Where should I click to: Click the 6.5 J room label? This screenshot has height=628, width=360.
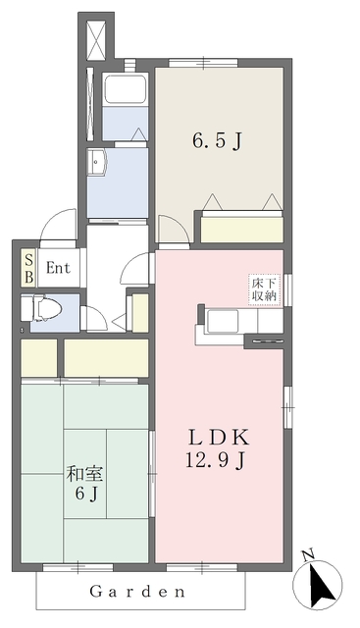(x=217, y=141)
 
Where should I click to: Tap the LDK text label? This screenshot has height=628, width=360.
(x=219, y=438)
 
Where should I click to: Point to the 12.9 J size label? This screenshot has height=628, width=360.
(x=215, y=460)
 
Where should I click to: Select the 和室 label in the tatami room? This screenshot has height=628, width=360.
(x=85, y=474)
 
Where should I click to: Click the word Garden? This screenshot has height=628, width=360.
(x=137, y=592)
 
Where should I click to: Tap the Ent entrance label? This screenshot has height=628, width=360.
(x=58, y=268)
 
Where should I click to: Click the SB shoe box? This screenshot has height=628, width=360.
(x=29, y=268)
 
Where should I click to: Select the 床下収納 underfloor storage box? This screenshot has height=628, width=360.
(x=264, y=290)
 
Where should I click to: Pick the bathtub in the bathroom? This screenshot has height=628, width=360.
(x=126, y=88)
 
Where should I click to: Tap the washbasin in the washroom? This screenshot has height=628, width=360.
(x=97, y=163)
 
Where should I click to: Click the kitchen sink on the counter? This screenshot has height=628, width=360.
(x=223, y=321)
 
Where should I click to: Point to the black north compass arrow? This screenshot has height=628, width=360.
(x=323, y=585)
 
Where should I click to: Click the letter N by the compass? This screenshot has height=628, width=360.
(x=308, y=555)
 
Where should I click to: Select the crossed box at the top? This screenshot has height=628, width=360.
(x=96, y=41)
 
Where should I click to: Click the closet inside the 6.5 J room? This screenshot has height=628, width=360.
(x=242, y=230)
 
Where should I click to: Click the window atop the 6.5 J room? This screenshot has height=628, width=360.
(x=203, y=63)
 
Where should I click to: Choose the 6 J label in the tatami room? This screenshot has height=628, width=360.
(x=86, y=494)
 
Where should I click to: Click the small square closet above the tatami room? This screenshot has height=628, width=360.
(x=39, y=357)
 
